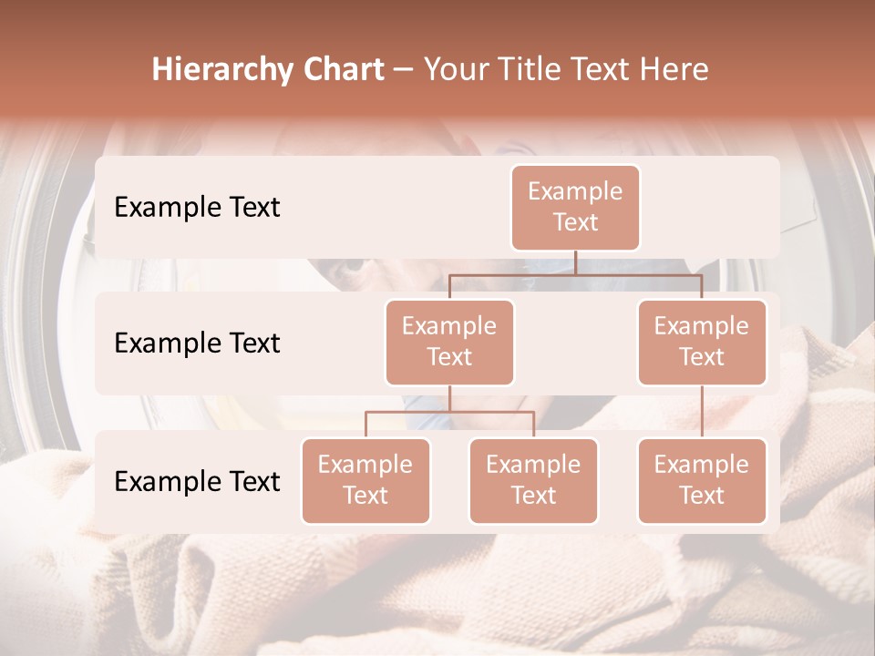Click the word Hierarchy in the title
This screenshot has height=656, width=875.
(x=213, y=70)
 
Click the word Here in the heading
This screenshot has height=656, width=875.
(x=674, y=70)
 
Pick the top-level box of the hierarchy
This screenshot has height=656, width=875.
(x=575, y=207)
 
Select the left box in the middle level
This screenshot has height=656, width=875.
(x=449, y=342)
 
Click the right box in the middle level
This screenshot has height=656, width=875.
(x=702, y=342)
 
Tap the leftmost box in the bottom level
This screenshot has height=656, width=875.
(x=365, y=480)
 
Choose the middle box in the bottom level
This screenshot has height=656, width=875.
(x=533, y=480)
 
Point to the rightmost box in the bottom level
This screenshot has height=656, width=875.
(x=702, y=480)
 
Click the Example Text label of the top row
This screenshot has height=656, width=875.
(x=197, y=208)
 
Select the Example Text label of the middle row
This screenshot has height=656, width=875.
(x=197, y=343)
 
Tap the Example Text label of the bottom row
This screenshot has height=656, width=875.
(x=197, y=482)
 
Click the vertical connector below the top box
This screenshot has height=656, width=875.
(x=575, y=262)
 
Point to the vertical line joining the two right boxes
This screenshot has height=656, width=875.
(x=702, y=411)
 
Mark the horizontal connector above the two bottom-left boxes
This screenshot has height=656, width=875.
(x=449, y=412)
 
